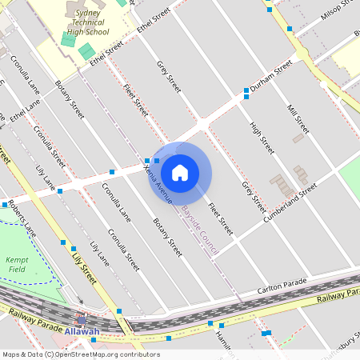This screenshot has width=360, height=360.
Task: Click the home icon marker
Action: coord(180,172)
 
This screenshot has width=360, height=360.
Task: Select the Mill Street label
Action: coord(298,116)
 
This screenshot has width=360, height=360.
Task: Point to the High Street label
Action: coord(262,138)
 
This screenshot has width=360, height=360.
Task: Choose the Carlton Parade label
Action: coord(282,286)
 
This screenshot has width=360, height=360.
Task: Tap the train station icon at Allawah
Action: coord(82,320)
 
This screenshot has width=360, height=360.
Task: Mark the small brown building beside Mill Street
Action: coord(298,138)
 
